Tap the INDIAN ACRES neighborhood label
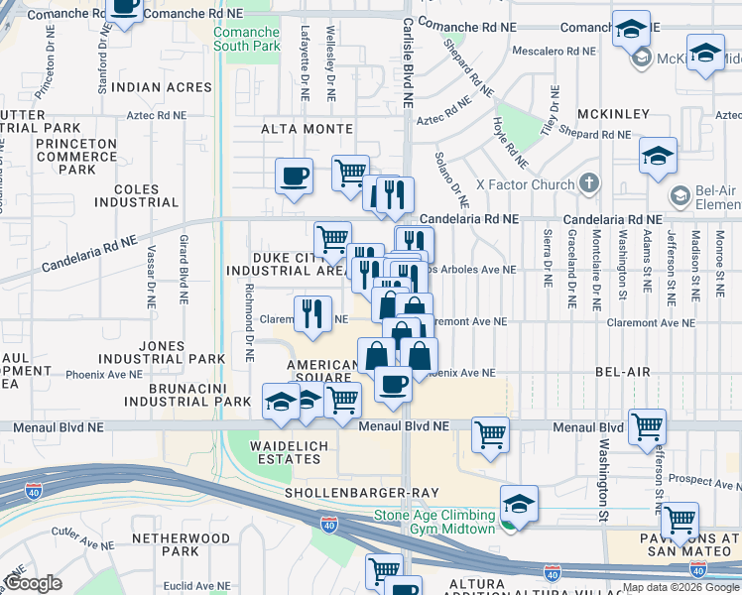point(162,88)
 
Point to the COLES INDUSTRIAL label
point(136,195)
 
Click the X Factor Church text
point(525,184)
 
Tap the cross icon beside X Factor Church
point(589,183)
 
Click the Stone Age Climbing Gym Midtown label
point(433,522)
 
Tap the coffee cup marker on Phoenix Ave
point(393,384)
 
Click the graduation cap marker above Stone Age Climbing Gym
point(519,502)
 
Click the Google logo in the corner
point(33,583)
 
